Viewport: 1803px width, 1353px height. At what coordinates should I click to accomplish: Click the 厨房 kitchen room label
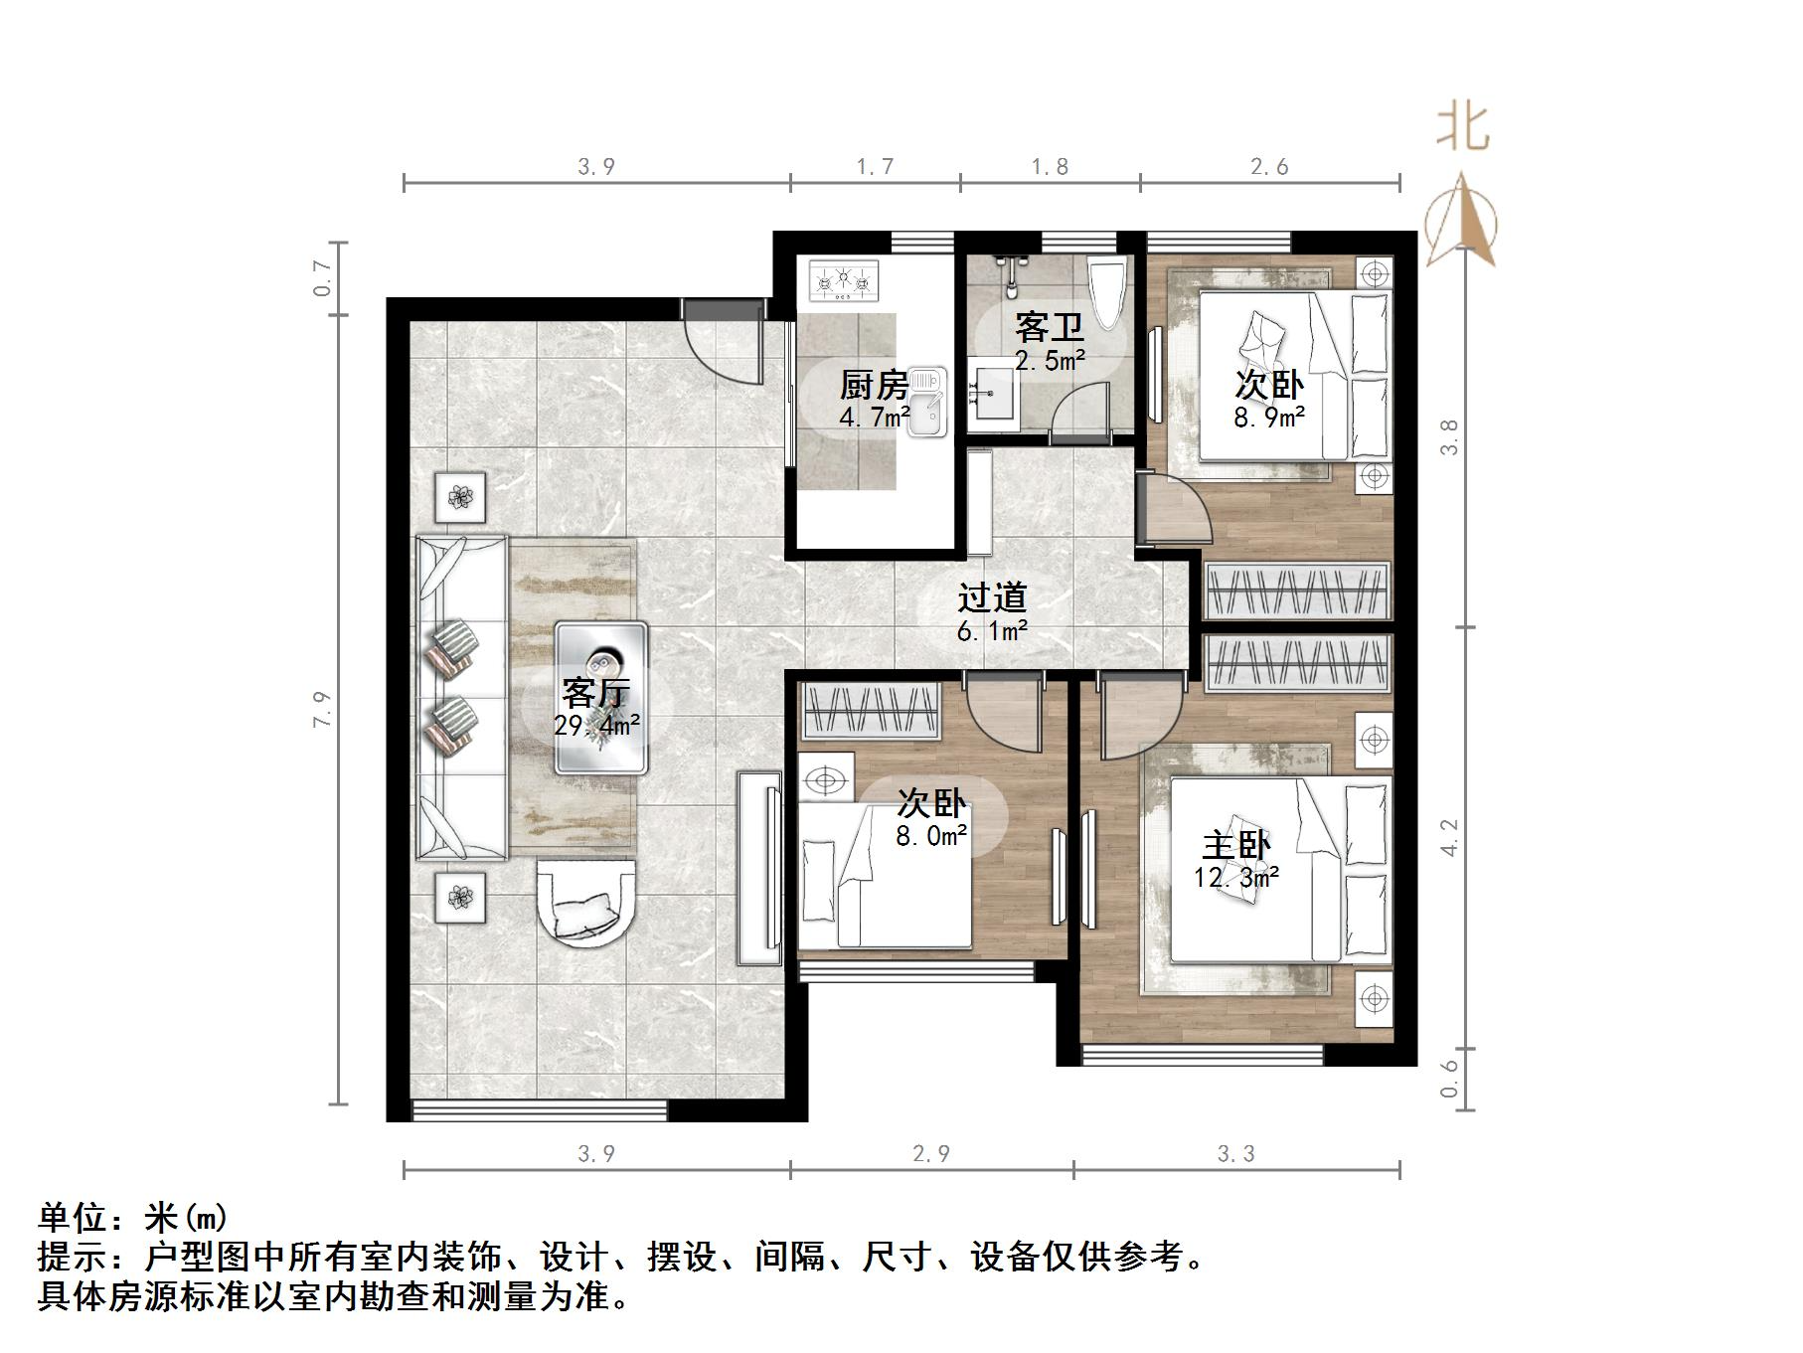click(874, 384)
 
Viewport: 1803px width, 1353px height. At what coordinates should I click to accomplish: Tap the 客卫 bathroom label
click(1049, 327)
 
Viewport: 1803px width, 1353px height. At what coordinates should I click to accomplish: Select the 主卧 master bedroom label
click(1235, 845)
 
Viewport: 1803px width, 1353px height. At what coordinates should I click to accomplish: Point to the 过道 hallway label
click(991, 597)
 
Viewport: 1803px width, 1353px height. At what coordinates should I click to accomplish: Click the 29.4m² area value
click(596, 726)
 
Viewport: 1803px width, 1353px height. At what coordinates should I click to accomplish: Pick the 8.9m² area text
click(1269, 418)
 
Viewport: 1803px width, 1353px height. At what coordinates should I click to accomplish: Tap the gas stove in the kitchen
click(845, 280)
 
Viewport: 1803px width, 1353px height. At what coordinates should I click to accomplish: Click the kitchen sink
click(926, 401)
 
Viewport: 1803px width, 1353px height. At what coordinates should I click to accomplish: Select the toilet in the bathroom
click(1106, 289)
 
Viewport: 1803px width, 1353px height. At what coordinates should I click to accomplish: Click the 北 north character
click(1462, 128)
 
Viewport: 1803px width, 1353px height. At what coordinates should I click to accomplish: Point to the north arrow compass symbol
click(1461, 220)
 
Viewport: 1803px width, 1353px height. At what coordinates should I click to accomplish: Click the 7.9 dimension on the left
click(321, 709)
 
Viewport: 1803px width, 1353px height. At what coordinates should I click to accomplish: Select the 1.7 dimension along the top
click(875, 167)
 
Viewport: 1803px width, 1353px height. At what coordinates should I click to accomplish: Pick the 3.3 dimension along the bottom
click(1235, 1153)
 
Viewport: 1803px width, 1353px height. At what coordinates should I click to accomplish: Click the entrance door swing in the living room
click(724, 342)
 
